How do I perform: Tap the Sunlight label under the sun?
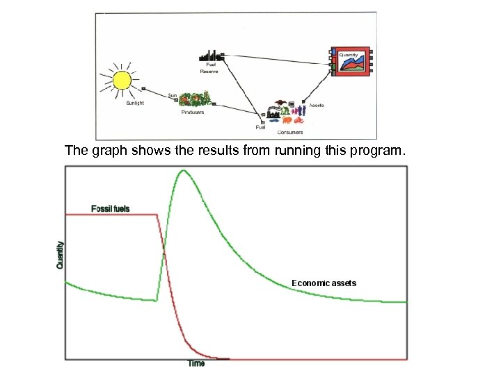(x=135, y=103)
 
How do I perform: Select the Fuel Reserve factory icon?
(x=211, y=56)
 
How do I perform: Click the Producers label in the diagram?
(x=193, y=112)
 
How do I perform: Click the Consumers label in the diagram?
(x=289, y=132)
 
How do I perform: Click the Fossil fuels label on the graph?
(x=110, y=208)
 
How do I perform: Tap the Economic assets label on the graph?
(x=324, y=283)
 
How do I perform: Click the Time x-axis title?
(x=197, y=364)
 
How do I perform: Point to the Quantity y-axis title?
(x=60, y=255)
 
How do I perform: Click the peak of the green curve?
(x=182, y=171)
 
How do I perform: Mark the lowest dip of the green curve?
(x=156, y=301)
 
